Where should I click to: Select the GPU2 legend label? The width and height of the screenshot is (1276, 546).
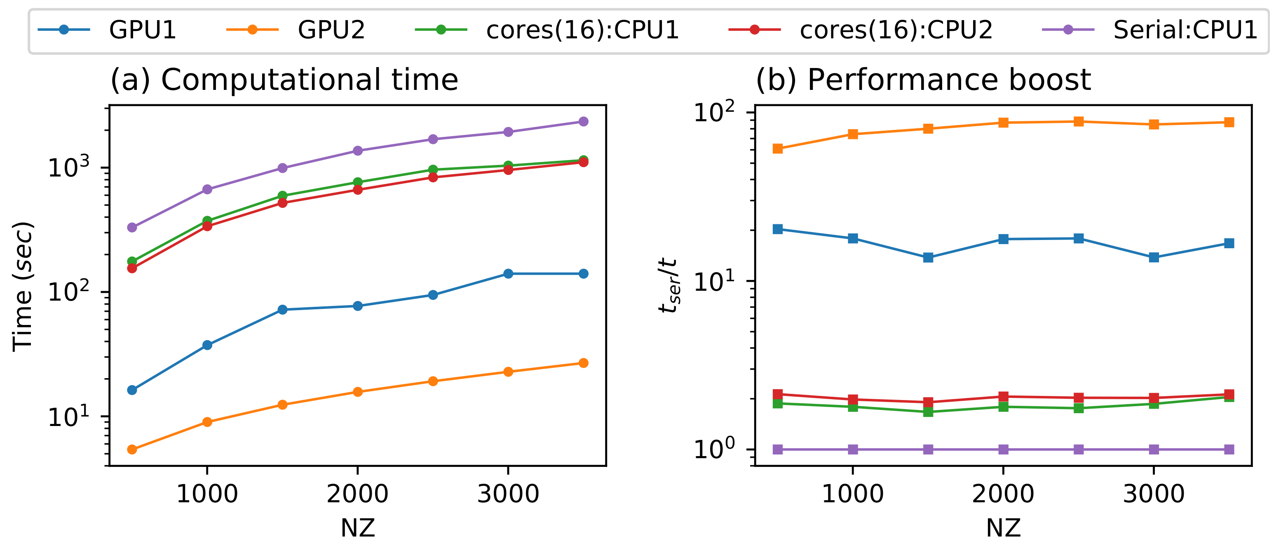[331, 30]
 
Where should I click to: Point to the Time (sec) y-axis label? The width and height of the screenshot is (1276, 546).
[23, 286]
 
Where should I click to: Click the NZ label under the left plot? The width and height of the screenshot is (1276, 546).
[358, 528]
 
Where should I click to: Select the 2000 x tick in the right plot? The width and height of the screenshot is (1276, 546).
[1003, 494]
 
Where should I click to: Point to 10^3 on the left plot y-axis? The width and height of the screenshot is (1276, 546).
[69, 167]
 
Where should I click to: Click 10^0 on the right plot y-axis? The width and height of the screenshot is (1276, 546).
[714, 449]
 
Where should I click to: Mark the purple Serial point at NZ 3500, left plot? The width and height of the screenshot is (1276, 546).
[584, 121]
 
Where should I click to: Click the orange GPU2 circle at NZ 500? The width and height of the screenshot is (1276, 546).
[132, 450]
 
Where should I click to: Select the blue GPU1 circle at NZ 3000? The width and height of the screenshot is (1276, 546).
[508, 273]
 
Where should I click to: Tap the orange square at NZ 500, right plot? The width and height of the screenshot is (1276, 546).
[778, 148]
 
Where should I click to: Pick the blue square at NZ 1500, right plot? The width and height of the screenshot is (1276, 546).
[928, 257]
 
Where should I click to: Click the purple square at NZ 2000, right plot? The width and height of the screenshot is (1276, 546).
[1003, 450]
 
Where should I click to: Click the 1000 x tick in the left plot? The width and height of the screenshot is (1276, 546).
[207, 494]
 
